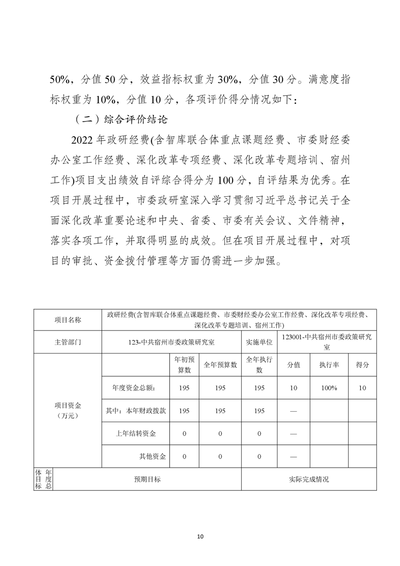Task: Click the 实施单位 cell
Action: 259,342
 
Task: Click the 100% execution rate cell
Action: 329,388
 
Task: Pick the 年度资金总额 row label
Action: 134,388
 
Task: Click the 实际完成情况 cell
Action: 309,479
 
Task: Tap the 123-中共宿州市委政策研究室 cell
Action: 172,342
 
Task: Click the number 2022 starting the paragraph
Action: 84,140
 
